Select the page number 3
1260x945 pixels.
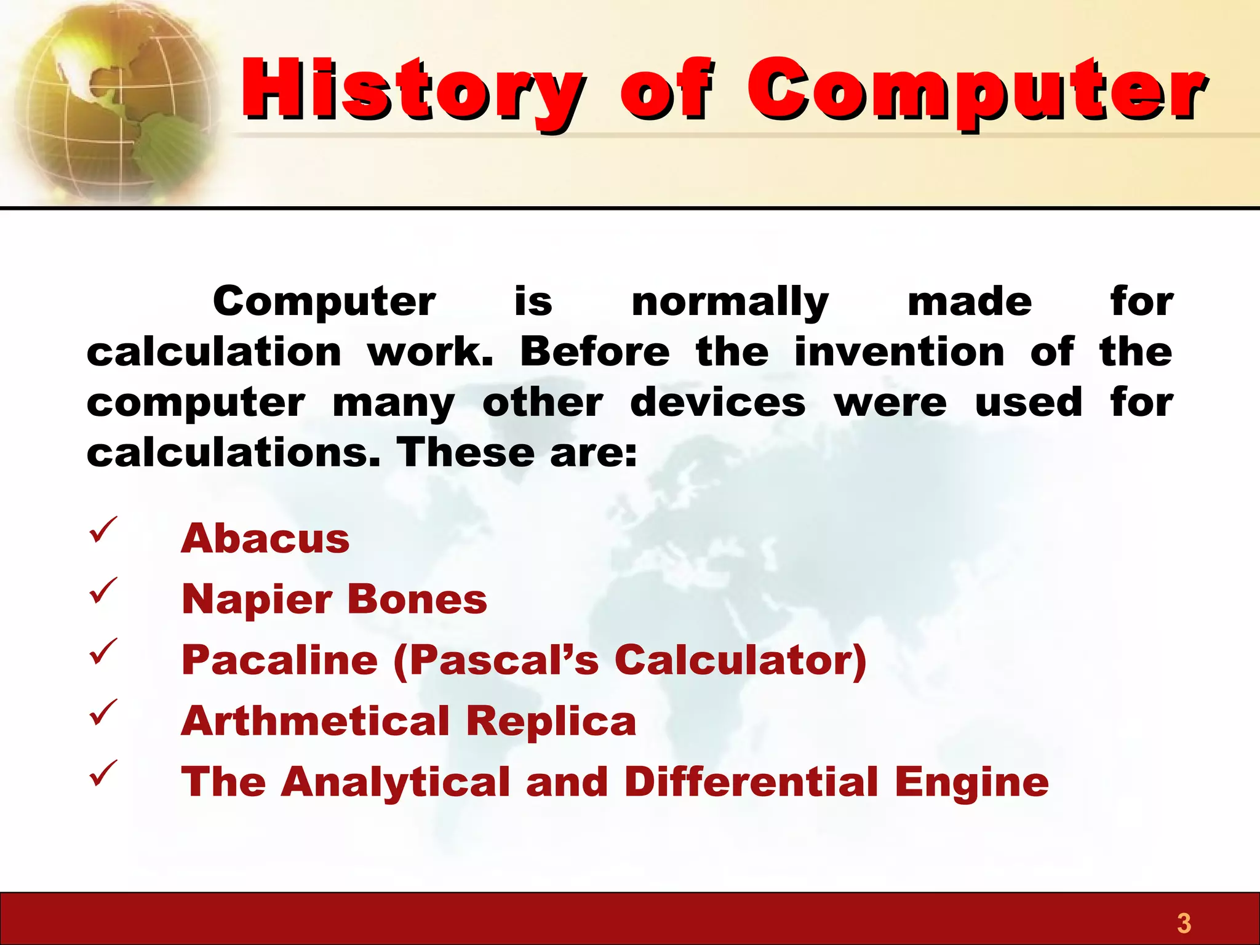click(x=1184, y=923)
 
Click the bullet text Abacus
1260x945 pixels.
click(x=265, y=538)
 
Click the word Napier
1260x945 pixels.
click(x=256, y=600)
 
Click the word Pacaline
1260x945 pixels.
click(x=279, y=660)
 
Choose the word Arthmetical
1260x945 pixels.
click(x=315, y=720)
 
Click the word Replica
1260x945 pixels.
click(x=551, y=722)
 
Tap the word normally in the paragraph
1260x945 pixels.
click(x=730, y=303)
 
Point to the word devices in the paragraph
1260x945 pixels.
click(x=717, y=402)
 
